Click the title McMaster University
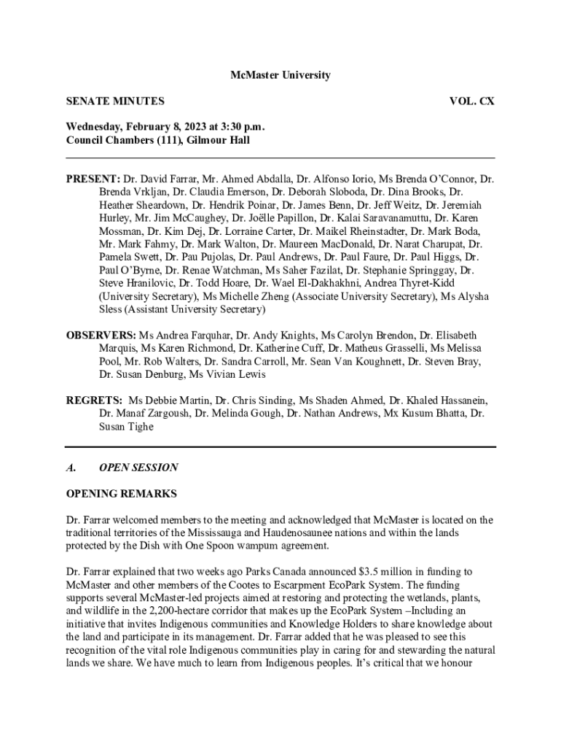point(280,75)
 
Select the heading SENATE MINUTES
point(115,101)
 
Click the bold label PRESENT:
point(93,179)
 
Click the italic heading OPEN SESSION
point(138,467)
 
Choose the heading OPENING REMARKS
point(121,494)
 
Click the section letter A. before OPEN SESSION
point(71,467)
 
